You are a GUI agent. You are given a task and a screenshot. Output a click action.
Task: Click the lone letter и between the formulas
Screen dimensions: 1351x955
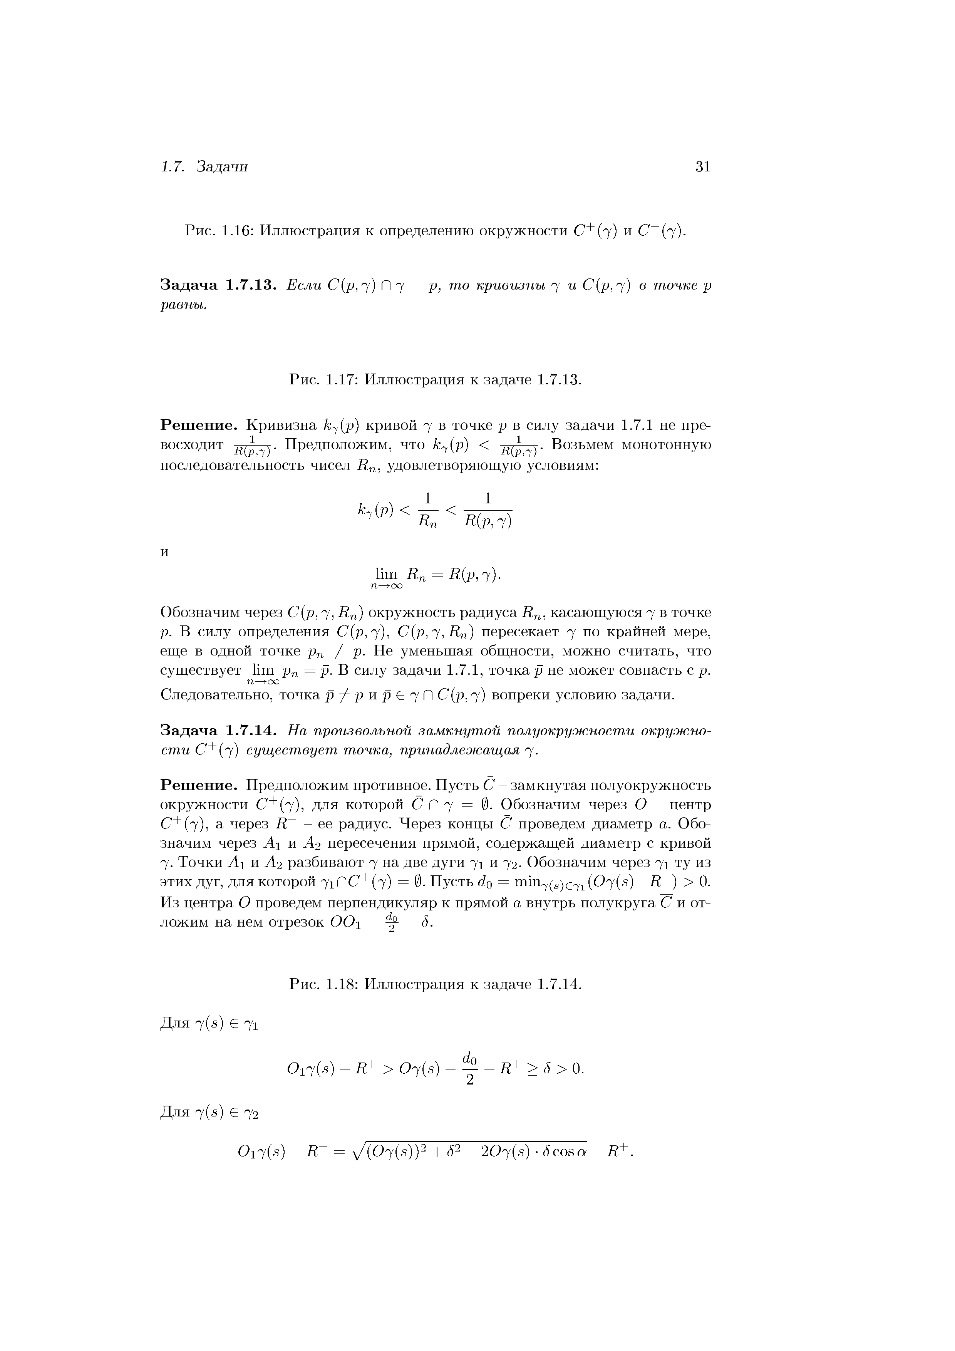[x=165, y=552]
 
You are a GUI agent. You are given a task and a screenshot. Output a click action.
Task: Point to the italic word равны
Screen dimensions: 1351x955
[x=184, y=307]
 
